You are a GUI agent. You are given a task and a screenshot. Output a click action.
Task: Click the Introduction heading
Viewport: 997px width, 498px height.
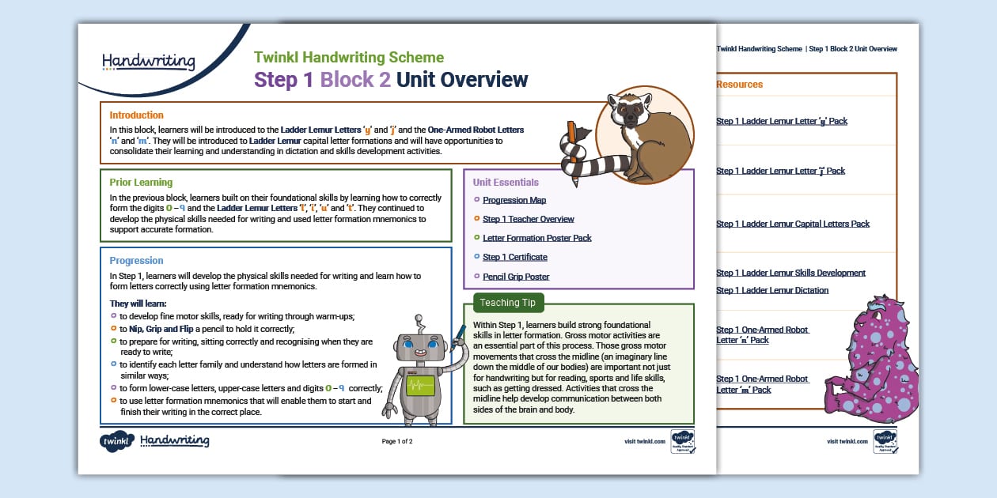pos(136,115)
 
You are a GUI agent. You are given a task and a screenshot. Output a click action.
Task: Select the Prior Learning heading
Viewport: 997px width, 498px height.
pos(141,182)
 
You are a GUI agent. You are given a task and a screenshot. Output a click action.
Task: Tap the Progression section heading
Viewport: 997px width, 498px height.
pos(136,260)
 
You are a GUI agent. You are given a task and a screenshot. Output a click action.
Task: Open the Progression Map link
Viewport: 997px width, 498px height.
pos(514,201)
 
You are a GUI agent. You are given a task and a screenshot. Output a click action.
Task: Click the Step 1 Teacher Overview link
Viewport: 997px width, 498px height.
pos(528,219)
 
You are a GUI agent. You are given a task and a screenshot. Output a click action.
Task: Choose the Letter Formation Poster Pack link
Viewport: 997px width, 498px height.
pos(536,238)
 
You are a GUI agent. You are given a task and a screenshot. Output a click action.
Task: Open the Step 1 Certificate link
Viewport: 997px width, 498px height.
pos(514,257)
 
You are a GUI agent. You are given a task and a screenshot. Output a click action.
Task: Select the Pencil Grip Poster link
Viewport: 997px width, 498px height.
pos(516,277)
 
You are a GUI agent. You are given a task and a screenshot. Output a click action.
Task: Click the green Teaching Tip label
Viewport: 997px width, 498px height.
pos(507,303)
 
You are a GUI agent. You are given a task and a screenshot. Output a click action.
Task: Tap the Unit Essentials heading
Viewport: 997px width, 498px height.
pos(506,182)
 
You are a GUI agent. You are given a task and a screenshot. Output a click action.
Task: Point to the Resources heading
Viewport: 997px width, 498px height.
pos(739,85)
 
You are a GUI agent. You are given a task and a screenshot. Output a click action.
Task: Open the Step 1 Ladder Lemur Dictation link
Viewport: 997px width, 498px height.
pos(772,290)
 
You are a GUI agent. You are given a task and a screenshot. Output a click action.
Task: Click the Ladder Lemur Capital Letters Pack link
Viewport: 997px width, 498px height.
pos(792,224)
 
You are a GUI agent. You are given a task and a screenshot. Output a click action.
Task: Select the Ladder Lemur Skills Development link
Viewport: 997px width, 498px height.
pos(790,273)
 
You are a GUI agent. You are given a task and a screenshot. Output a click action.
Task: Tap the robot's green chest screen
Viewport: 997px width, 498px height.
pos(420,385)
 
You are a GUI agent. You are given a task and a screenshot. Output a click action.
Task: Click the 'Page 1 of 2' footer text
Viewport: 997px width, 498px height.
pos(397,441)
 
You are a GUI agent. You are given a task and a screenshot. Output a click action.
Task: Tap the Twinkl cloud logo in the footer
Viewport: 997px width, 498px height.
pos(116,441)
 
